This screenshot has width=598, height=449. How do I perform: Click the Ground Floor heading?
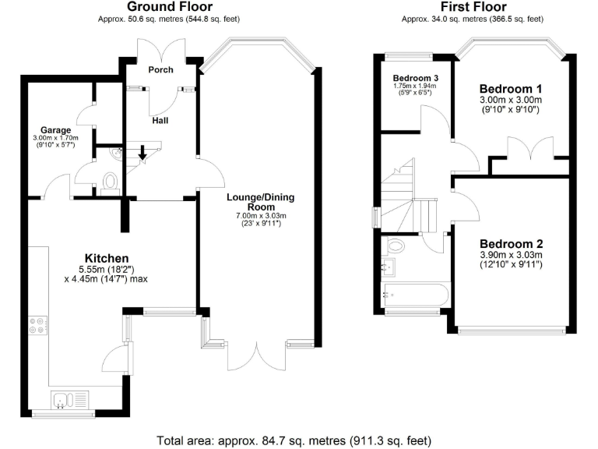(169, 6)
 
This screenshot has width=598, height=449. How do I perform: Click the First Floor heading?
(471, 6)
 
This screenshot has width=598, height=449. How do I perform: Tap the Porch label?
(160, 69)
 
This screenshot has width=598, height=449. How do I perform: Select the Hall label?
(160, 121)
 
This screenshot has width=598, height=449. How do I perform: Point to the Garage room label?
(56, 130)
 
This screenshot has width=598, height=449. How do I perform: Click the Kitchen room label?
(107, 258)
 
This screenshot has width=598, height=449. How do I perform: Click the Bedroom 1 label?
(510, 87)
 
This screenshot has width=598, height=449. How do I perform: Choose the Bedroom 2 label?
(510, 242)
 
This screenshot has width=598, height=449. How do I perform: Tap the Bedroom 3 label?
(415, 79)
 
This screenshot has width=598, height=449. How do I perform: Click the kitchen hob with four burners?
(38, 325)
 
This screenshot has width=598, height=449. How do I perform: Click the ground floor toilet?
(109, 181)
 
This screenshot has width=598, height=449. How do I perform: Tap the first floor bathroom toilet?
(396, 246)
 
